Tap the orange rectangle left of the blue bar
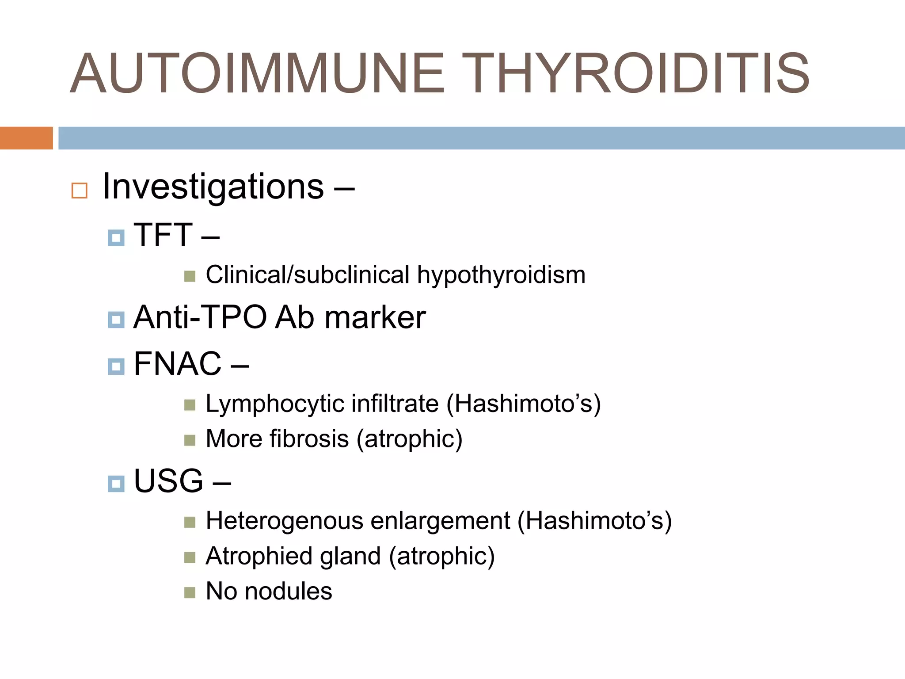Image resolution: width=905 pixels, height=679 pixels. [x=26, y=138]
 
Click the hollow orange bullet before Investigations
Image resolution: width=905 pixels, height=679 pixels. [x=80, y=191]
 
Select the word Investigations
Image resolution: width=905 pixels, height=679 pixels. [x=213, y=187]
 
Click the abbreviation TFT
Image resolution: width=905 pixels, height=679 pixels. [x=163, y=235]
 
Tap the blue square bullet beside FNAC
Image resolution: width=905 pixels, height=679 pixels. [x=116, y=366]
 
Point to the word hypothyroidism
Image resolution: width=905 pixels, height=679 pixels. [x=501, y=275]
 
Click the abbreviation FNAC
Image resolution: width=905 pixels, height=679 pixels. [x=177, y=364]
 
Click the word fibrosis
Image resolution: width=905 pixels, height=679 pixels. [x=309, y=439]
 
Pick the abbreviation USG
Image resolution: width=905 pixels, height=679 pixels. [x=168, y=481]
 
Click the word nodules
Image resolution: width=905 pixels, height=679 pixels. [x=288, y=591]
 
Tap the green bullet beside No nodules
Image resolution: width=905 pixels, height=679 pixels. [x=190, y=592]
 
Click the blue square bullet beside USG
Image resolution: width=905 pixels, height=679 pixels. [x=116, y=484]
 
